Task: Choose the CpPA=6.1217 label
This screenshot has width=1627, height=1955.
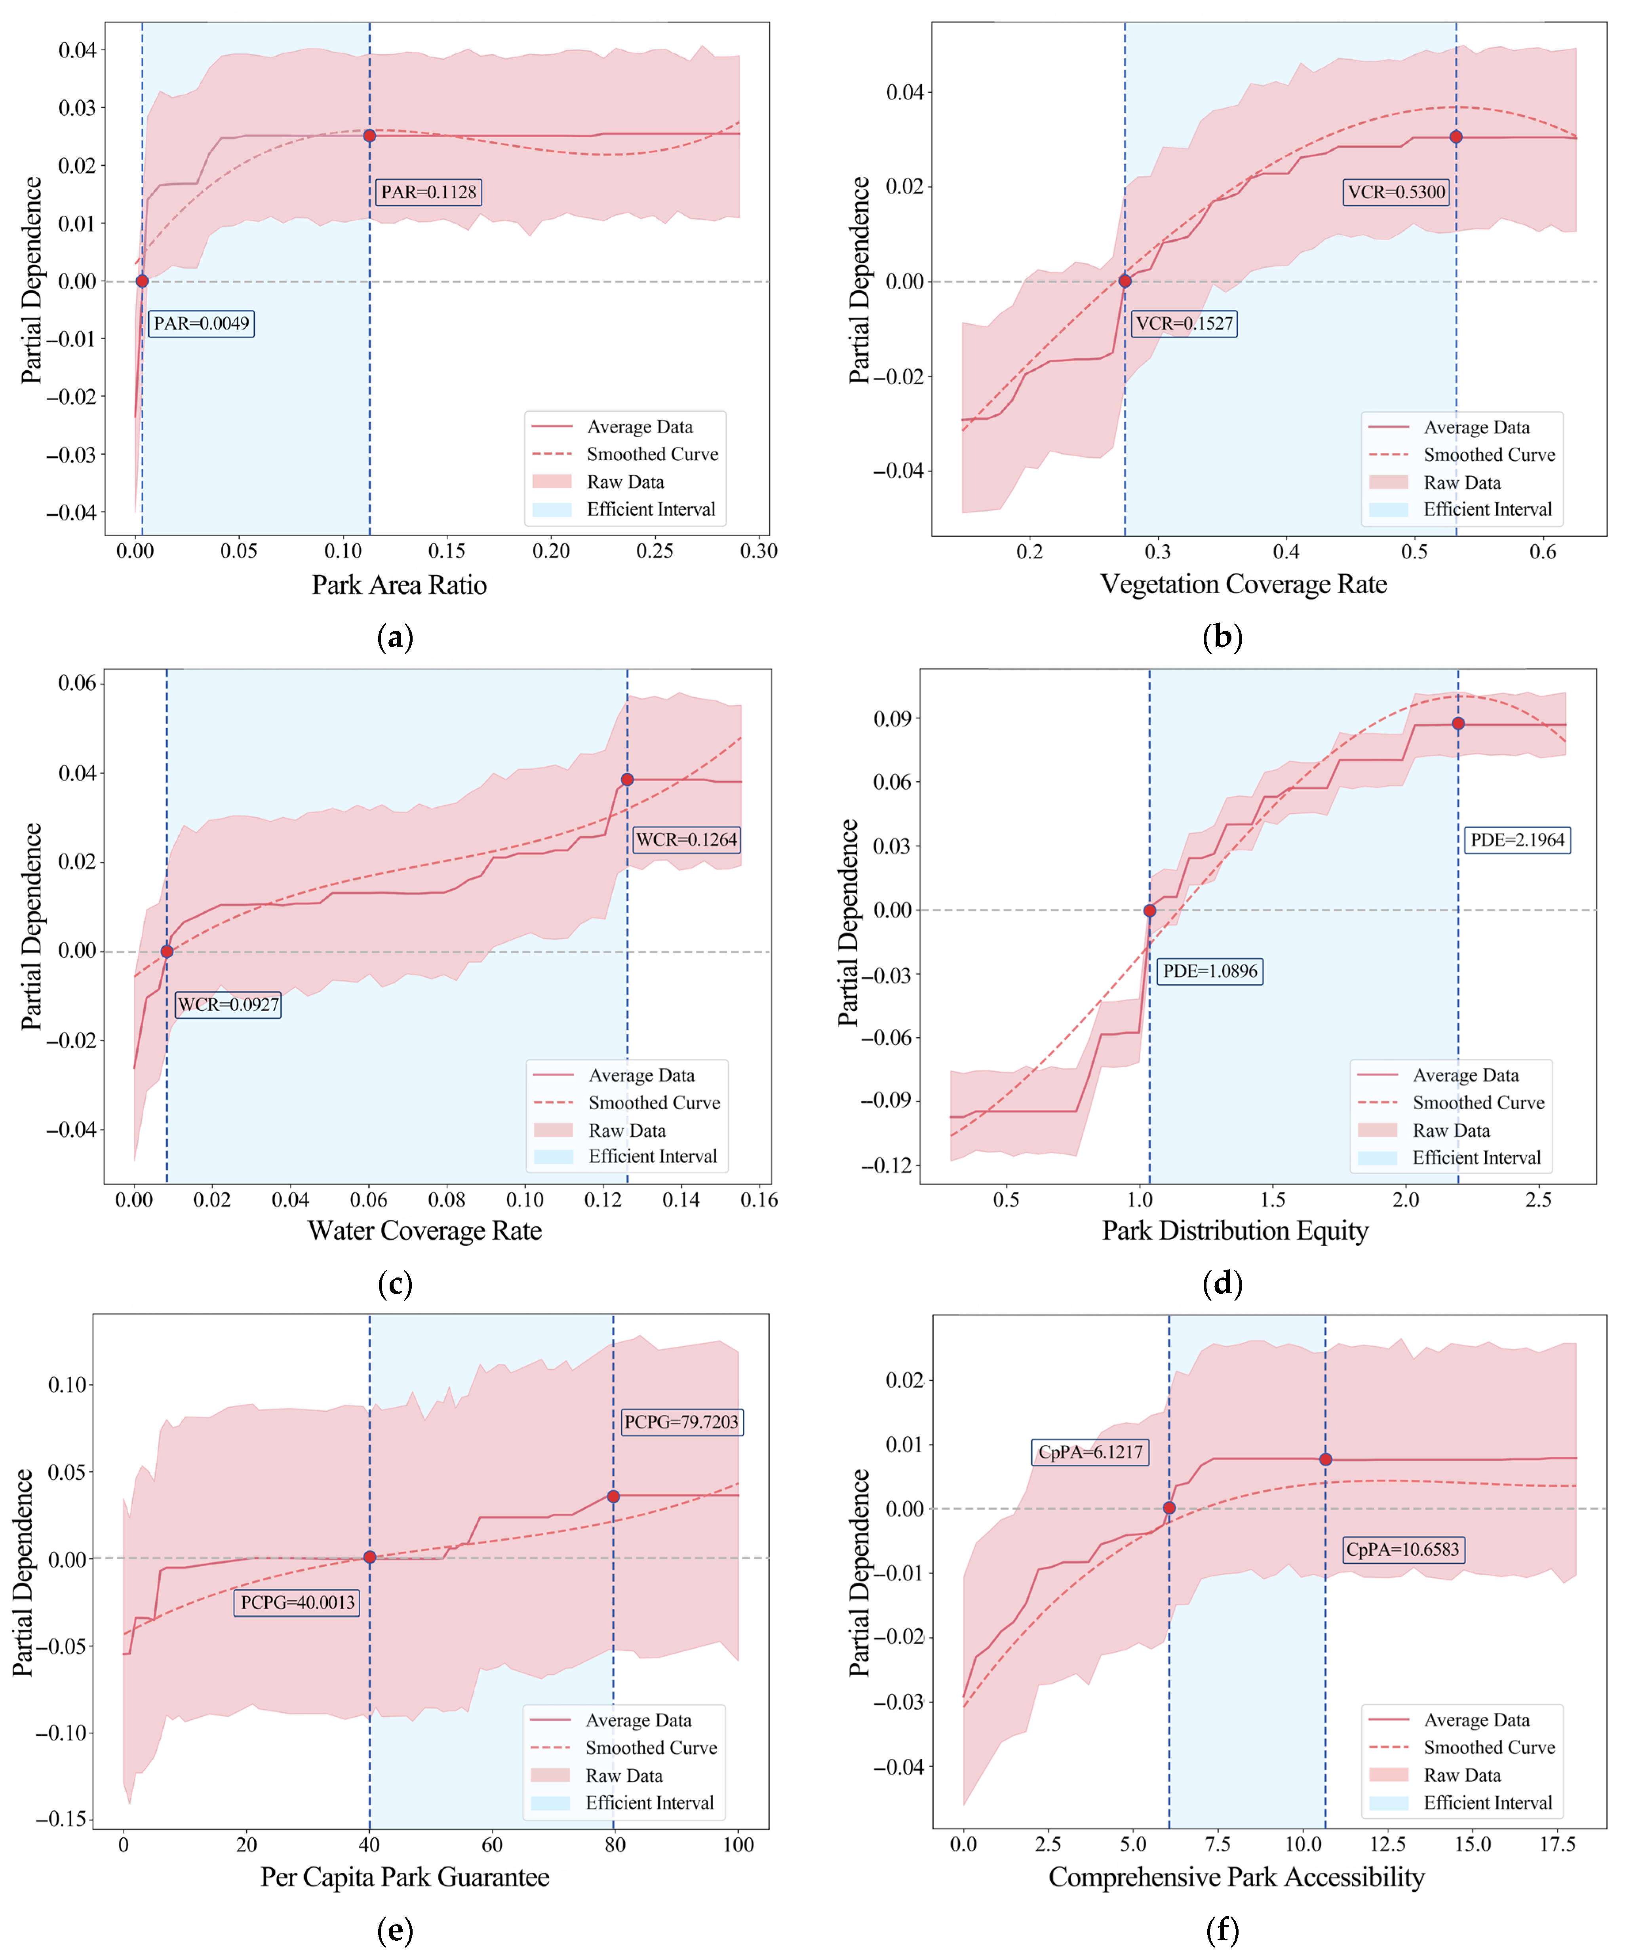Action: point(1090,1452)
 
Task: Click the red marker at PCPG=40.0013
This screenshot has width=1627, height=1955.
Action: point(370,1558)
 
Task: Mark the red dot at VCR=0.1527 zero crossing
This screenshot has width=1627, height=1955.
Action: point(1125,281)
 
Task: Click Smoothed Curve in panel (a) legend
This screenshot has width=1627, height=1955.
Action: point(652,454)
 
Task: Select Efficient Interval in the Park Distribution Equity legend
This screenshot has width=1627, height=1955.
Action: point(1476,1158)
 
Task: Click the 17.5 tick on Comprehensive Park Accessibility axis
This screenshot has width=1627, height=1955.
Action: point(1557,1844)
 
